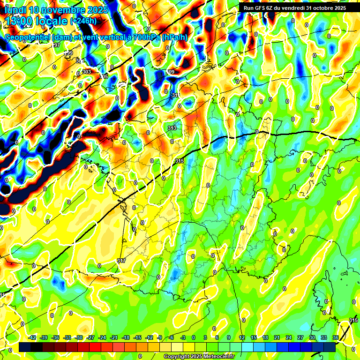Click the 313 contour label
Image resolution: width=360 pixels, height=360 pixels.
pos(172,128)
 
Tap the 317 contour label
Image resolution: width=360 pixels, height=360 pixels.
pos(121,261)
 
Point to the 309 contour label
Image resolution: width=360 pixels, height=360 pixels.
pos(170,72)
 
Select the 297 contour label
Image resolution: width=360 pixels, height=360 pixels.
pos(56,45)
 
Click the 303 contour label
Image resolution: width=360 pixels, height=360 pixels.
pos(87,72)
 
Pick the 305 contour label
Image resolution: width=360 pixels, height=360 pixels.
pos(104,76)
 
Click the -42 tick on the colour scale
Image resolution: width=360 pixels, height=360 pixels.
pos(32,337)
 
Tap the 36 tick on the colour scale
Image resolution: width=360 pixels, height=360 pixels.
pos(335,337)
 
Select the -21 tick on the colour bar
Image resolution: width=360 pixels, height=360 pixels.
pos(114,337)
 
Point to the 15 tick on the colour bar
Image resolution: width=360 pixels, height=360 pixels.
pos(254,337)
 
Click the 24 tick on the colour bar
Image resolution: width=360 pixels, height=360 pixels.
pos(288,337)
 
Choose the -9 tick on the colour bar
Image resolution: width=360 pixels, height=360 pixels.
pos(160,337)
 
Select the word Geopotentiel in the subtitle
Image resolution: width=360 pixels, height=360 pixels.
pos(28,37)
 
